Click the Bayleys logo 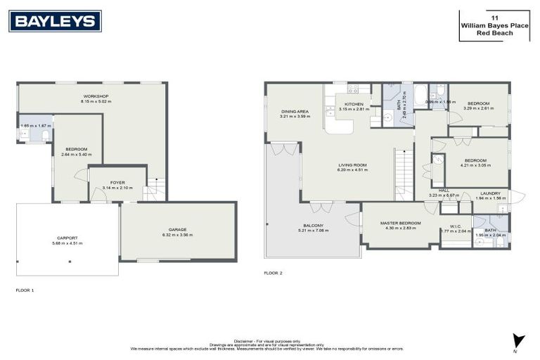click(x=55, y=21)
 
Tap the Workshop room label click(x=96, y=96)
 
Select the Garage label click(x=176, y=230)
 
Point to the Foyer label click(x=117, y=183)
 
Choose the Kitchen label click(x=354, y=104)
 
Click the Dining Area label click(x=295, y=111)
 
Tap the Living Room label click(x=353, y=165)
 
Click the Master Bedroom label click(x=400, y=223)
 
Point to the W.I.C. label click(x=455, y=226)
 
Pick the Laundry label click(x=490, y=193)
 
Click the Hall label click(x=444, y=190)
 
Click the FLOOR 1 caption click(x=25, y=290)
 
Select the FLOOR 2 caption click(x=273, y=272)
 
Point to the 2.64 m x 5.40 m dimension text click(x=77, y=155)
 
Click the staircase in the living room click(x=404, y=176)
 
